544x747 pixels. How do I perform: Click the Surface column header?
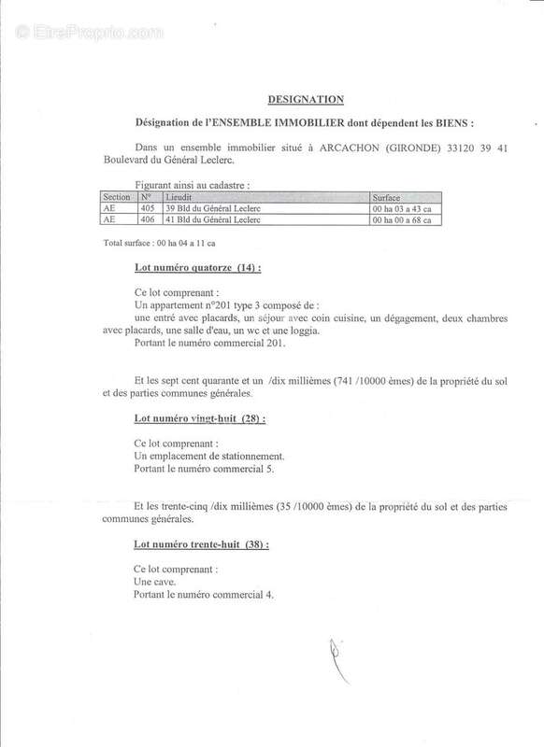pos(389,198)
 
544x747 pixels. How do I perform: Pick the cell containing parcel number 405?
pos(144,209)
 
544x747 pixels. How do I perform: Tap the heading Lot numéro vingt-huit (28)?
pos(200,419)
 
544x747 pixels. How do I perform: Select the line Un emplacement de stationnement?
pos(209,457)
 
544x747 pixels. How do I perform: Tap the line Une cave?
pos(156,581)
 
